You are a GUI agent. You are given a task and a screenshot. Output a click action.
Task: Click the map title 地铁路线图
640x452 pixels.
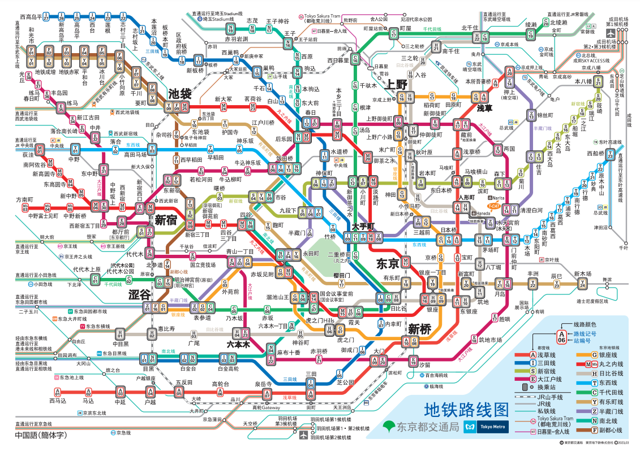click(466, 409)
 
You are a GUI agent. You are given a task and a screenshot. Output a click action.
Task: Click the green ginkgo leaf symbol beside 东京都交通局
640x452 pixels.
click(388, 426)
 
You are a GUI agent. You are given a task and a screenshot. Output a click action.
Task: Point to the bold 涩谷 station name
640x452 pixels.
click(139, 294)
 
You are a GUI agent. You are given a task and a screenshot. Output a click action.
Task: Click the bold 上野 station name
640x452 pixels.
click(397, 85)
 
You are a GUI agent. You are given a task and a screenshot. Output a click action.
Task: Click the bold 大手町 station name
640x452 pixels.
click(363, 226)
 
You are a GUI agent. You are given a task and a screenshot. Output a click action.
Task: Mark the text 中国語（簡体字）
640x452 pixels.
click(41, 436)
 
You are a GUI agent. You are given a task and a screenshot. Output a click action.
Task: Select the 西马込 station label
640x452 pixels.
click(57, 401)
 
